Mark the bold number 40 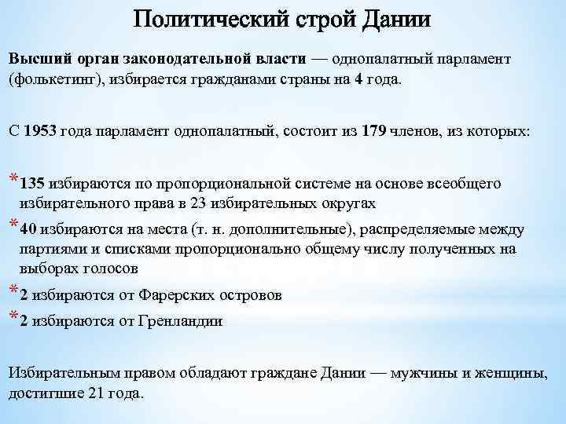[x=28, y=230]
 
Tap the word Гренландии [x=182, y=321]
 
